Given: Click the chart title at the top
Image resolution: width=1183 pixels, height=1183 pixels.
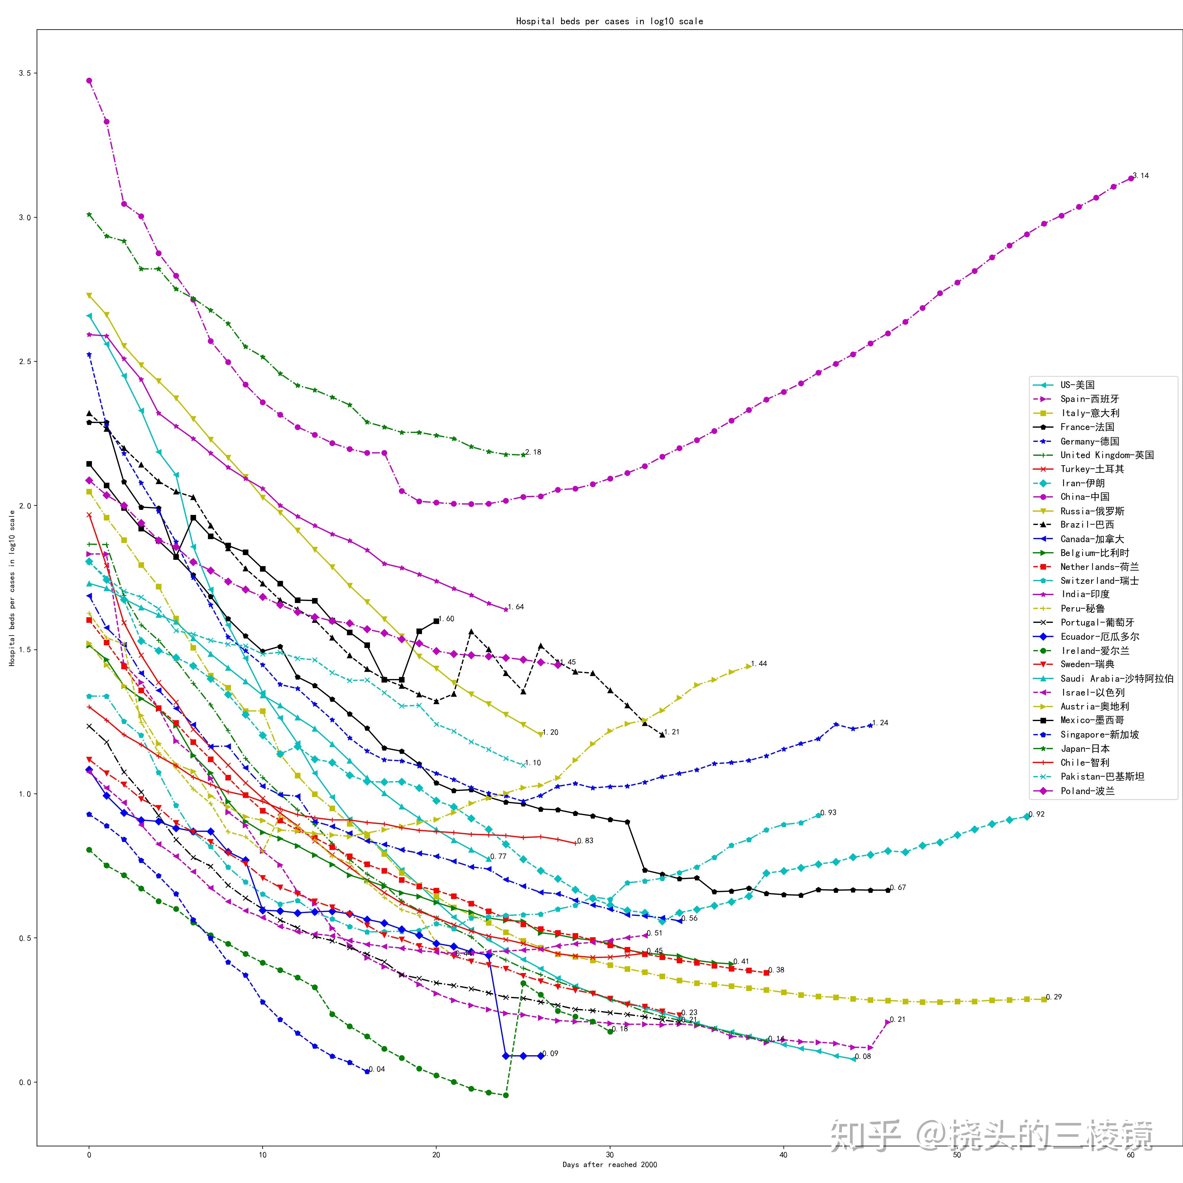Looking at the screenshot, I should (x=609, y=21).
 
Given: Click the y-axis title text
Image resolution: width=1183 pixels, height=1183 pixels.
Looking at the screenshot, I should (x=12, y=588).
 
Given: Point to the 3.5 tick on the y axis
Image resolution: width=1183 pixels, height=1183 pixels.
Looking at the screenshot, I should (x=25, y=73).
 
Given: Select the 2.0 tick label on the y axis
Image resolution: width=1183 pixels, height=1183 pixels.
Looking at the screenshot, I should (x=25, y=506).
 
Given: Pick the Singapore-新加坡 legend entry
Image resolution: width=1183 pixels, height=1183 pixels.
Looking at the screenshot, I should (x=1099, y=734).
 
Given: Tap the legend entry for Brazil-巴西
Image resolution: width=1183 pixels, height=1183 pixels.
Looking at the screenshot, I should (x=1087, y=524).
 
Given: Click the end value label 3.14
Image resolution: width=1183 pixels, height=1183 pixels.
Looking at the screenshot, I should (x=1141, y=176).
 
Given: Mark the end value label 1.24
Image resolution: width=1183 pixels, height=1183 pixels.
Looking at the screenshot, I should (x=880, y=723).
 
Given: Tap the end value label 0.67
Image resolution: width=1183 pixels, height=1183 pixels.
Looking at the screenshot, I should (x=898, y=887).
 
